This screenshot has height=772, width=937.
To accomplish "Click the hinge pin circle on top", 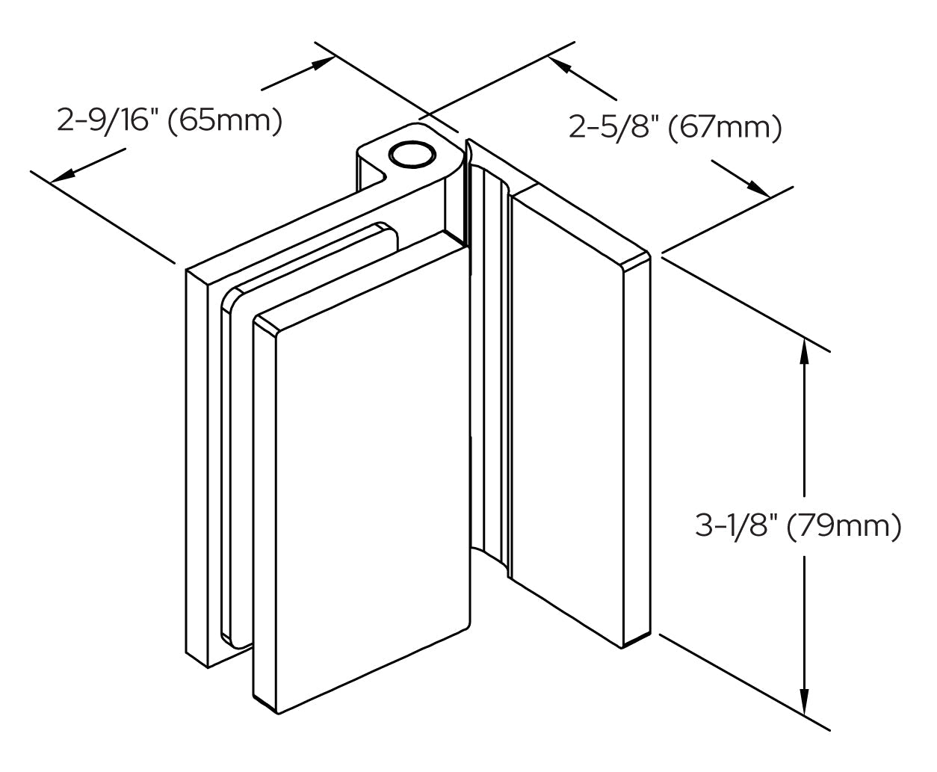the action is [412, 155].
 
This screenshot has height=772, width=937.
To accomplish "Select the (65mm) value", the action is [225, 120].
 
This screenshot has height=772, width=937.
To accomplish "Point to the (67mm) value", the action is [725, 128].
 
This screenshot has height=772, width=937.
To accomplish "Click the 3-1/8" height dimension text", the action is [736, 525].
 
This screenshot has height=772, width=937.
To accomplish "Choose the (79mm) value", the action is [844, 525].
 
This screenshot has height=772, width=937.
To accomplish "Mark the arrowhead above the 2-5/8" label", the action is [562, 65].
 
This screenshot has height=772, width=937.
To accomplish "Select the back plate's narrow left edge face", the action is [197, 469].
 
